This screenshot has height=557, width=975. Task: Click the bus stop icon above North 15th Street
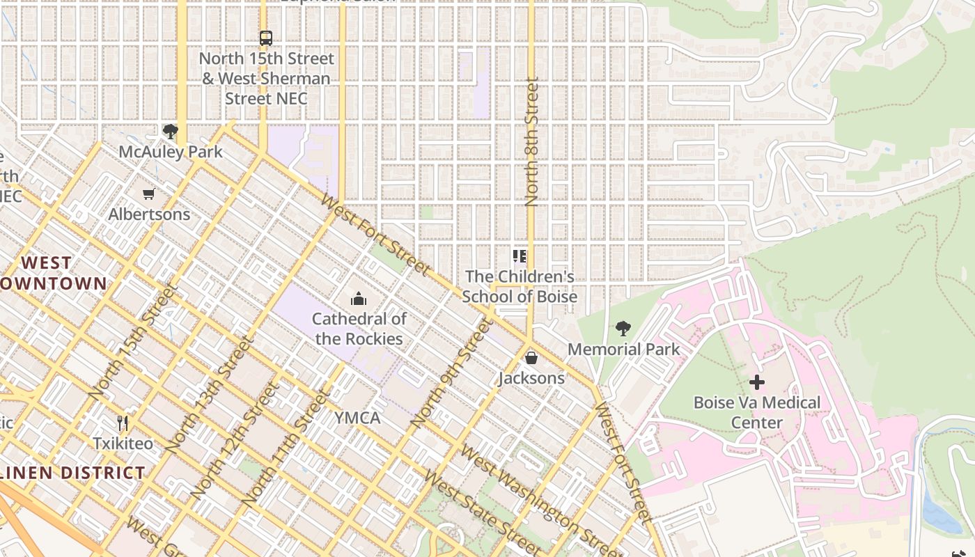pyautogui.click(x=265, y=38)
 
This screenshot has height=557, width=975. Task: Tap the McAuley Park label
pyautogui.click(x=171, y=152)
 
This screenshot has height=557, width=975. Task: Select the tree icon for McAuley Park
pyautogui.click(x=170, y=131)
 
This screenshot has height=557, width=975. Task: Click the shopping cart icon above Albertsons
pyautogui.click(x=148, y=194)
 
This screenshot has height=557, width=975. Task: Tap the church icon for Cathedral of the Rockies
pyautogui.click(x=359, y=299)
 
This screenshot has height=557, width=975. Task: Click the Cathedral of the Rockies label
pyautogui.click(x=359, y=329)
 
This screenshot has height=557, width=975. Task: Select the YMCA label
pyautogui.click(x=357, y=418)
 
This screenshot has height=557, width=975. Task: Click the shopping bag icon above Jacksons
pyautogui.click(x=531, y=358)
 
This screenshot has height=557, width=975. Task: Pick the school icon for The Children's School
pyautogui.click(x=520, y=256)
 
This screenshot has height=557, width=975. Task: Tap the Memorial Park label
pyautogui.click(x=624, y=349)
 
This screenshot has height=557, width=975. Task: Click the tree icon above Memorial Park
pyautogui.click(x=623, y=328)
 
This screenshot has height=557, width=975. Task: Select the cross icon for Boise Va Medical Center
pyautogui.click(x=757, y=382)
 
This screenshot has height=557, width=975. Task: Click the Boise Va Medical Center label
pyautogui.click(x=757, y=412)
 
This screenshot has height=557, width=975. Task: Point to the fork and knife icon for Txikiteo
pyautogui.click(x=123, y=423)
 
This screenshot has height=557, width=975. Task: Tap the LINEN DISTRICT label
pyautogui.click(x=73, y=473)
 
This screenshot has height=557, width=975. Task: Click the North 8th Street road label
pyautogui.click(x=532, y=142)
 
